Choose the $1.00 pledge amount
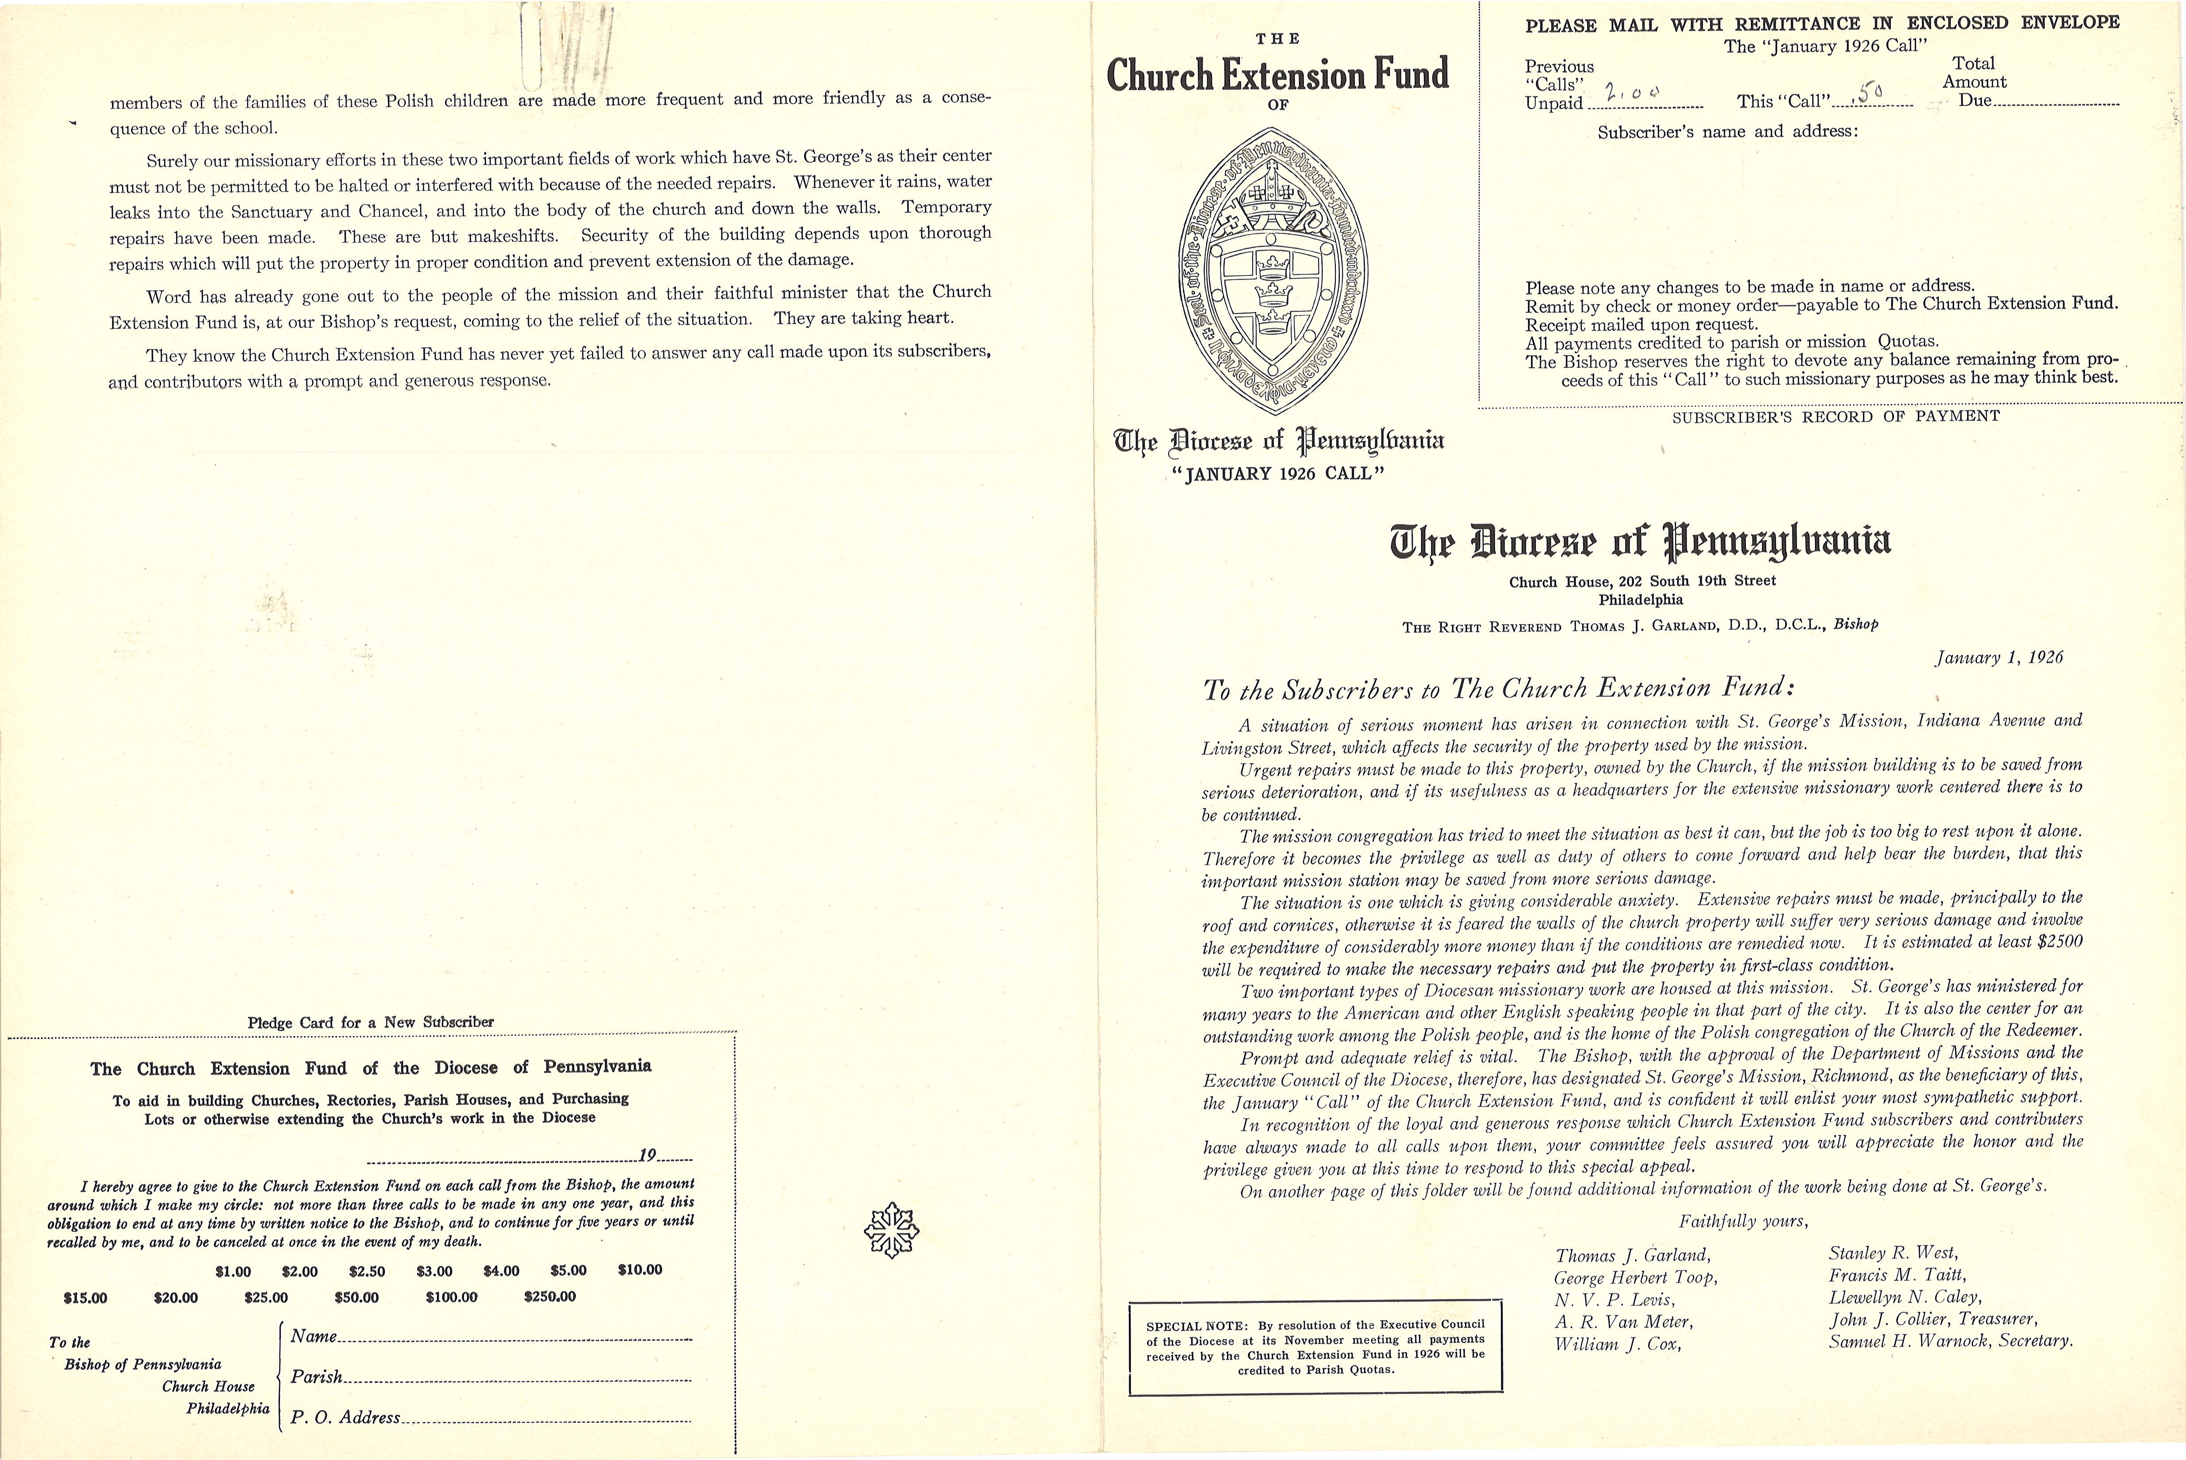click(x=233, y=1271)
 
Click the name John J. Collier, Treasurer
click(x=1932, y=1319)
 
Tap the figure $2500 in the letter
click(x=2059, y=942)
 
